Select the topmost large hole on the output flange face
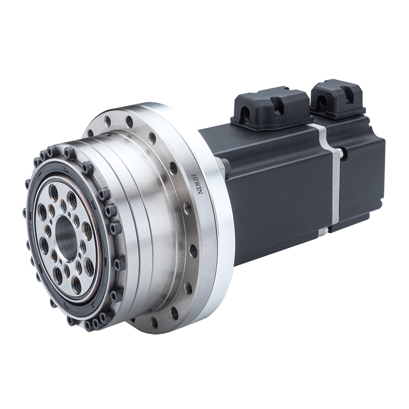[54, 191]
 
